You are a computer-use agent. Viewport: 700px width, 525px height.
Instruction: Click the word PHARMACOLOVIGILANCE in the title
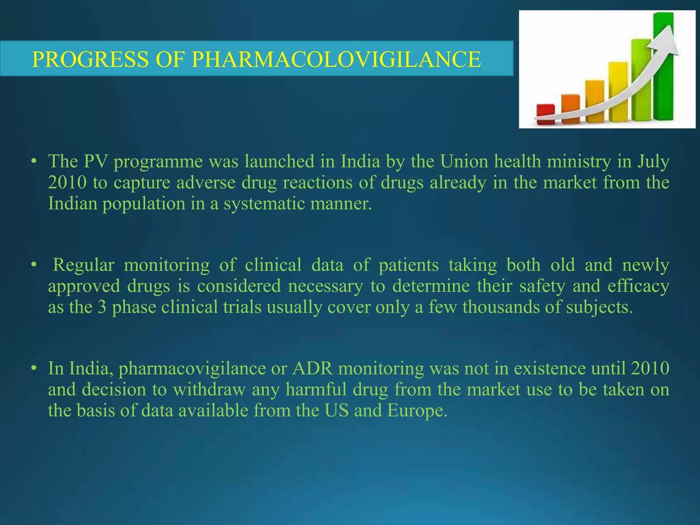pyautogui.click(x=336, y=59)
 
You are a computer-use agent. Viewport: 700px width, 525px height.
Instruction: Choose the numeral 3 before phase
pyautogui.click(x=102, y=307)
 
